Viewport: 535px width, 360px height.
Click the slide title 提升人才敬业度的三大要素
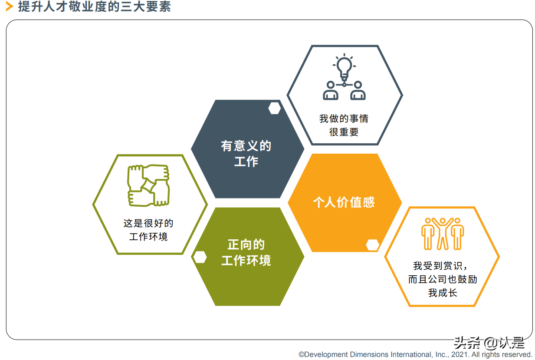coord(94,7)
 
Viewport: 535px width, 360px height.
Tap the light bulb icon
coord(344,67)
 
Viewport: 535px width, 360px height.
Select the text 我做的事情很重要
coord(344,125)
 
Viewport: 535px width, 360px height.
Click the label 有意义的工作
coord(246,153)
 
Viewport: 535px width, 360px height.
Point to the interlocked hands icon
coord(148,185)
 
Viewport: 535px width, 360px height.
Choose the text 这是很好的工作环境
coord(148,230)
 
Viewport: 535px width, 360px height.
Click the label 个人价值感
coord(344,202)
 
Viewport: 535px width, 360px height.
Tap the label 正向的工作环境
coord(246,252)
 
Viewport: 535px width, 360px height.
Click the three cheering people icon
coord(442,234)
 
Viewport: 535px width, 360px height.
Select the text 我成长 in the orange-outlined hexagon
coord(442,293)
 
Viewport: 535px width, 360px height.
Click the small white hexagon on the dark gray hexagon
coord(274,108)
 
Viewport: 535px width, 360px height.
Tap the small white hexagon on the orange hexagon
coord(372,245)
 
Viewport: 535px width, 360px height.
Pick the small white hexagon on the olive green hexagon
coord(200,257)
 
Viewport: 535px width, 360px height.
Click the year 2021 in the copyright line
coord(460,354)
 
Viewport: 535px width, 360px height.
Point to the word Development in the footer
coord(323,354)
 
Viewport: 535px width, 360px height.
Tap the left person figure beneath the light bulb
coord(331,91)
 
